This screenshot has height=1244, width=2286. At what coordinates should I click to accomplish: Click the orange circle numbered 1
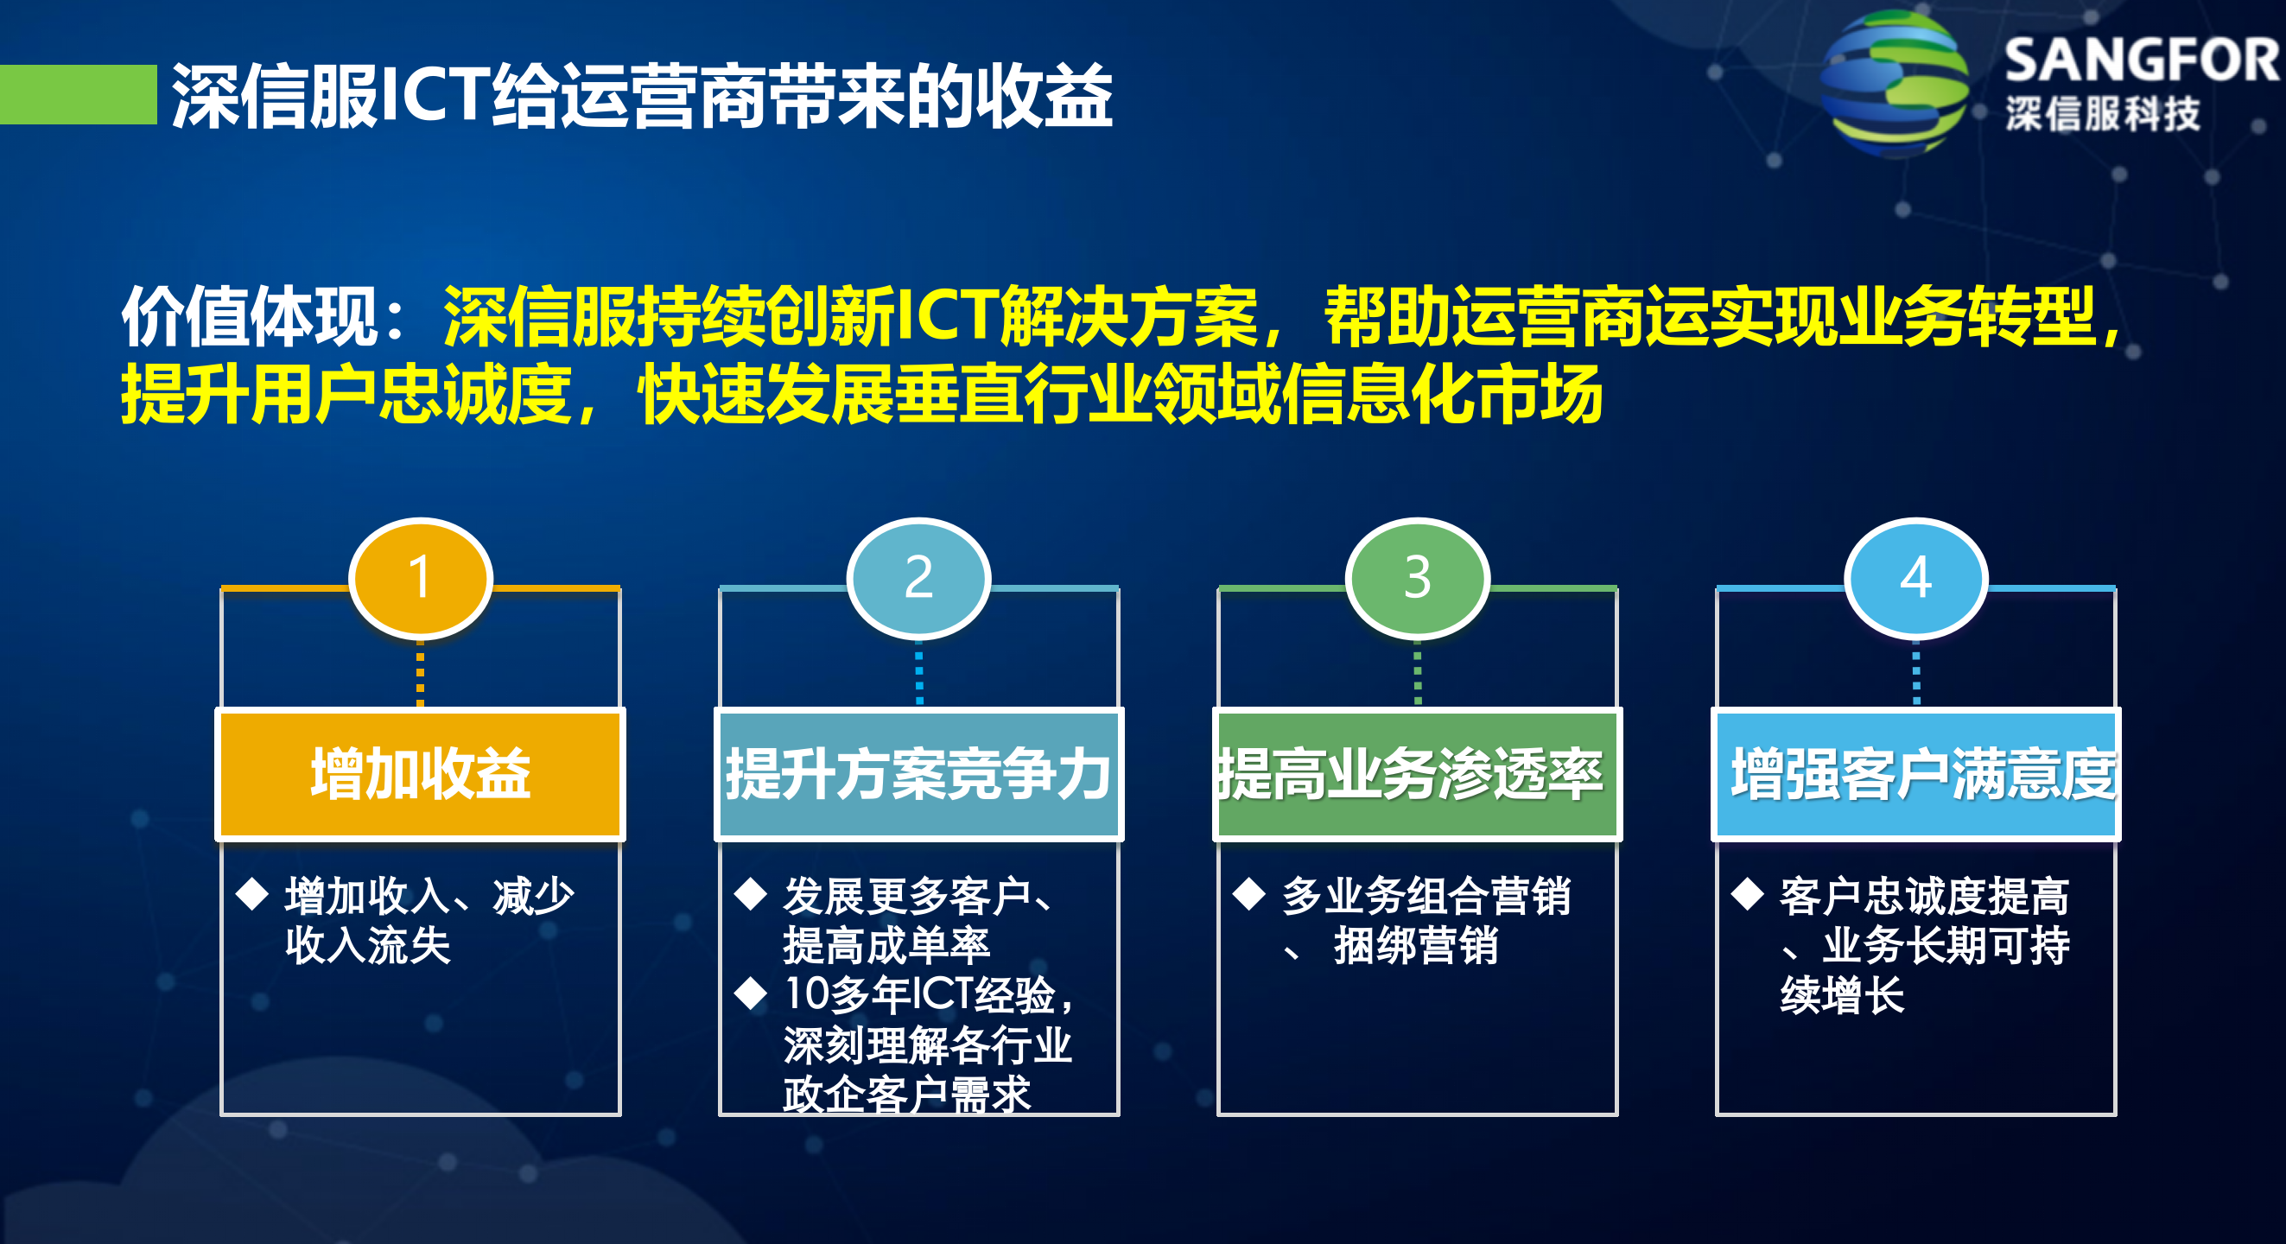tap(420, 578)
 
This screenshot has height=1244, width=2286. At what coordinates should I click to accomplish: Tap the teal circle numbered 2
tap(918, 578)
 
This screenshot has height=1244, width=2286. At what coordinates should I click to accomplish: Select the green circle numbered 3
tap(1417, 578)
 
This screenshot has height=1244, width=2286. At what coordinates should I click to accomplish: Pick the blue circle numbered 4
tap(1916, 578)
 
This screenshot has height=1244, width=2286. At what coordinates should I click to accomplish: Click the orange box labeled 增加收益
tap(420, 774)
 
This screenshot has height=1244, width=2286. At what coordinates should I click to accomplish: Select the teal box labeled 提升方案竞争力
tap(918, 774)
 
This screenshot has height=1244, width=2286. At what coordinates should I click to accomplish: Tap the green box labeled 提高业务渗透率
tap(1417, 774)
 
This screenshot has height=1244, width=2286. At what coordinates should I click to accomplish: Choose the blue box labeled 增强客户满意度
tap(1916, 774)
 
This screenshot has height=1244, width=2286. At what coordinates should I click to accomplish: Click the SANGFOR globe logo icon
tap(1894, 85)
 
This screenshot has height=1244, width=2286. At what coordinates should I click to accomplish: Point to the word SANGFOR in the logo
tap(2141, 60)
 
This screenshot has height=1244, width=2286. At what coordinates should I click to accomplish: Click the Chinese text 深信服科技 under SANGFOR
tap(2103, 113)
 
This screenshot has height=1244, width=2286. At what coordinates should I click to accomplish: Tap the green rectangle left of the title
tap(78, 94)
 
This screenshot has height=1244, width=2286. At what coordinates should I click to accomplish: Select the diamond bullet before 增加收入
tap(253, 893)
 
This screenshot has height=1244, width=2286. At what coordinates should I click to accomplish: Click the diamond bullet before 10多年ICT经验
tap(751, 993)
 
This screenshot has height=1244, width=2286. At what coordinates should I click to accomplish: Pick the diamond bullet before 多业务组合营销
tap(1249, 893)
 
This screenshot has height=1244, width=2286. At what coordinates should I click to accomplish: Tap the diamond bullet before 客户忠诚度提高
tap(1749, 893)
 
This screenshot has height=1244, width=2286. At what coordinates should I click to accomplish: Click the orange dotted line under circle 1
tap(420, 675)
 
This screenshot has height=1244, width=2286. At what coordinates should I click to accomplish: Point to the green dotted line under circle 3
tap(1417, 675)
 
